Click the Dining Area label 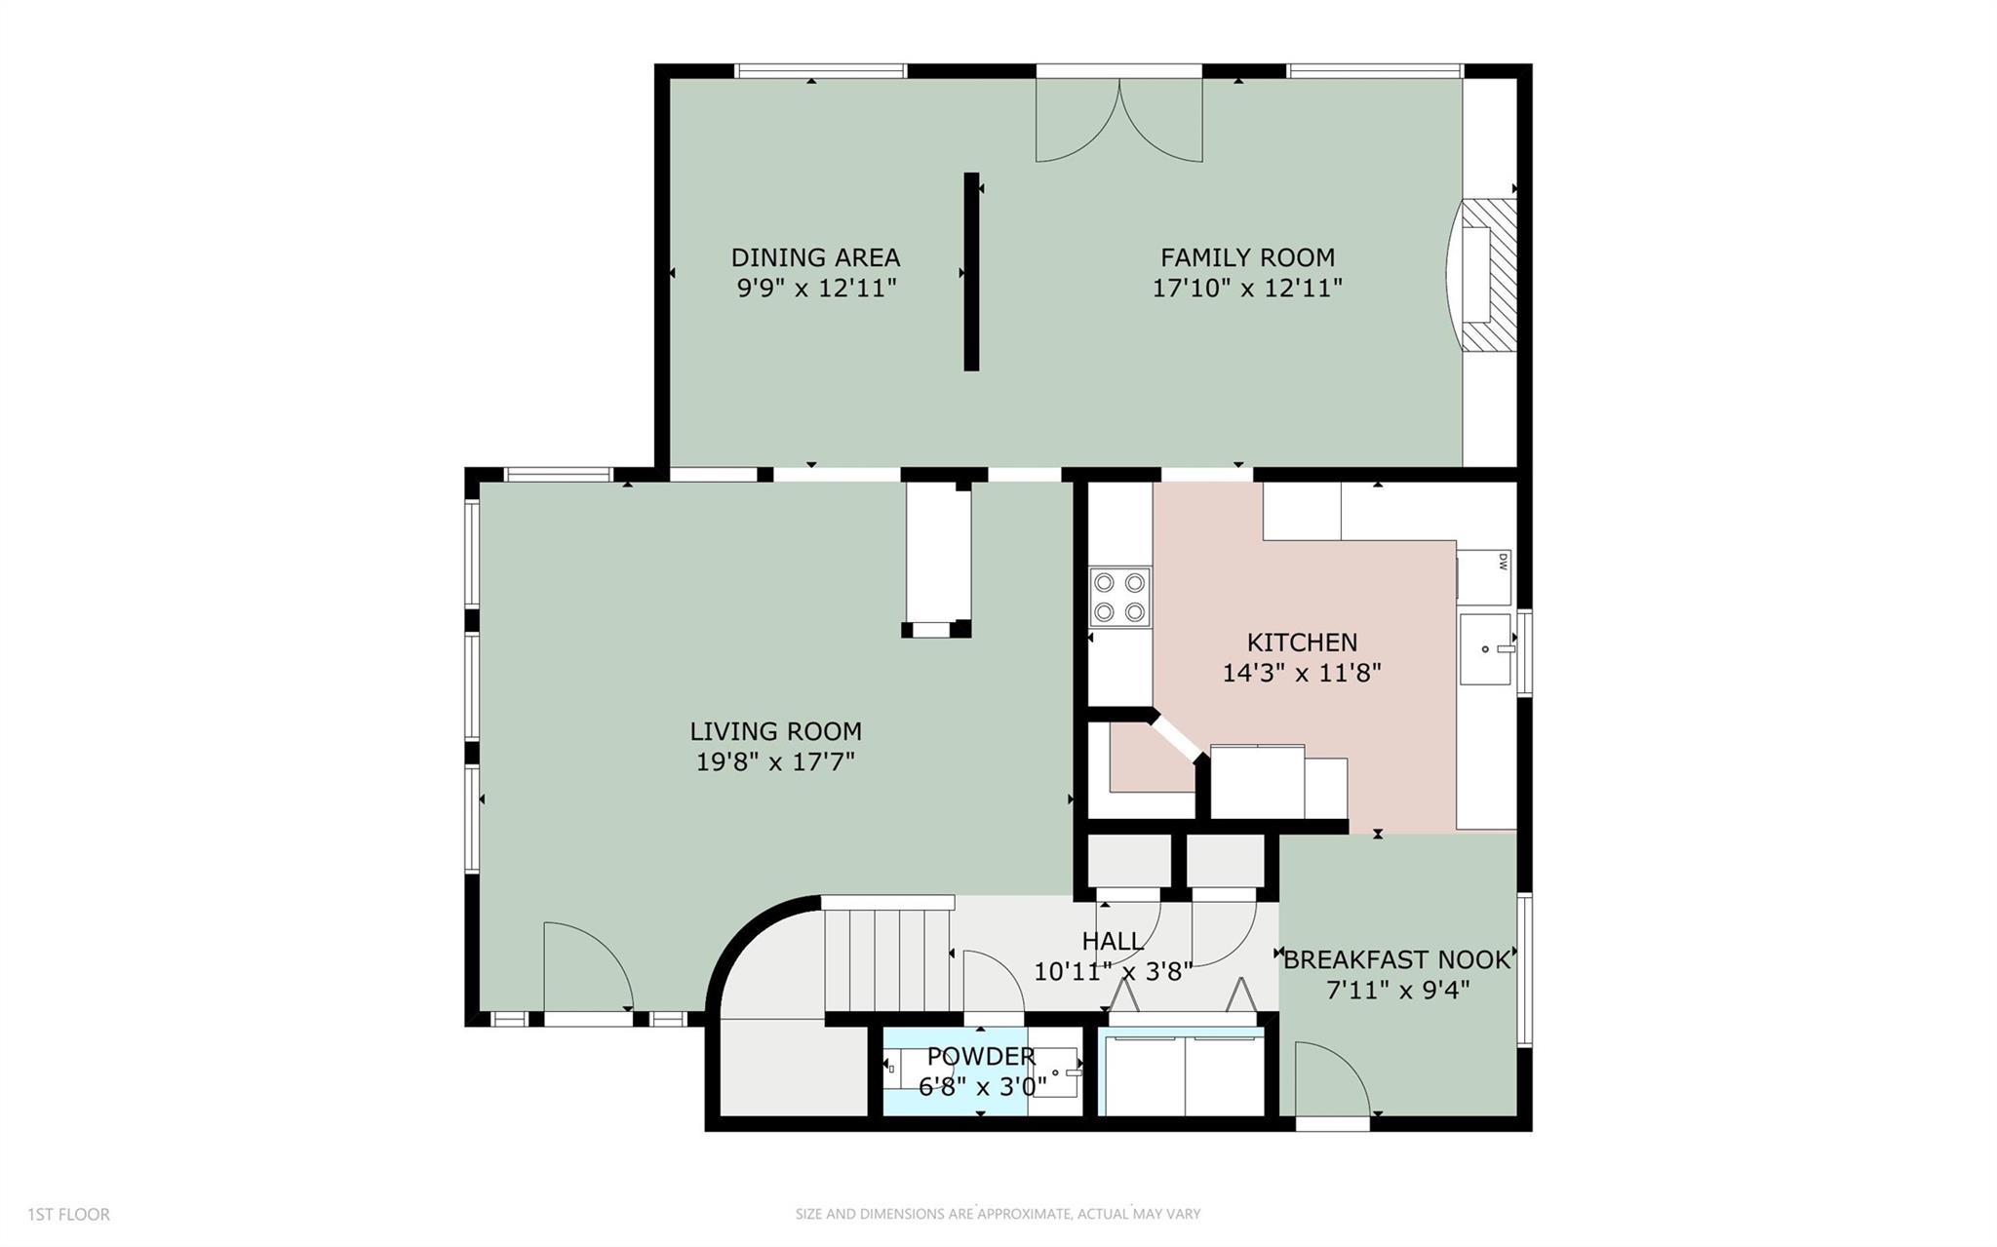[815, 257]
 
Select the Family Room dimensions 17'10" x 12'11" [1247, 289]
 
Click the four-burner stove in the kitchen [1118, 597]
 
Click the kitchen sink [1485, 648]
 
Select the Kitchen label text [1302, 643]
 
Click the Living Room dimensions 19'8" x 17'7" [775, 761]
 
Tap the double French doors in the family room [1118, 119]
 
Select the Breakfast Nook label [1396, 960]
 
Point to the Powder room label [980, 1057]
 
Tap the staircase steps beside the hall [886, 961]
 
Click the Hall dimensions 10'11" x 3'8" [1113, 972]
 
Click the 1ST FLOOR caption [68, 1214]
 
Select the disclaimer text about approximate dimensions [998, 1214]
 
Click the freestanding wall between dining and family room [971, 271]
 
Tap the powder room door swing [992, 985]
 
